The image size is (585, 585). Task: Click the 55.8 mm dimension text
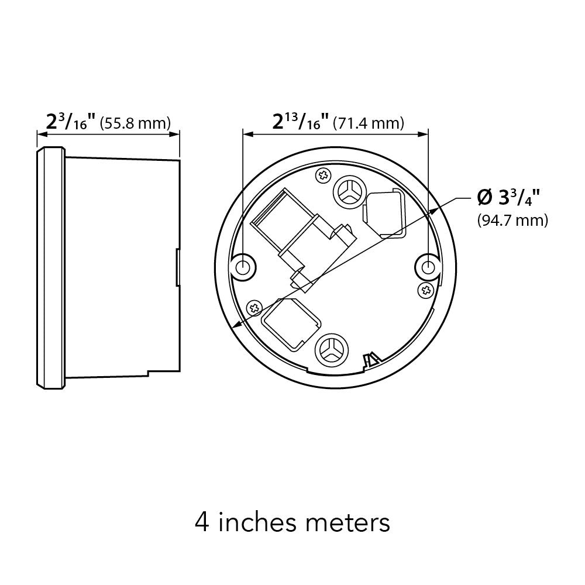[x=136, y=123]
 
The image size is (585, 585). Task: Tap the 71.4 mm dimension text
[x=368, y=123]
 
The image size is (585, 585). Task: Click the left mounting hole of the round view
[x=243, y=267]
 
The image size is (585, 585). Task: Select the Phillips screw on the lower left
[x=254, y=307]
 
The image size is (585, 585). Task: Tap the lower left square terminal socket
[x=291, y=321]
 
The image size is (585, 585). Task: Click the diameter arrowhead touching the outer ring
[x=235, y=328]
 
